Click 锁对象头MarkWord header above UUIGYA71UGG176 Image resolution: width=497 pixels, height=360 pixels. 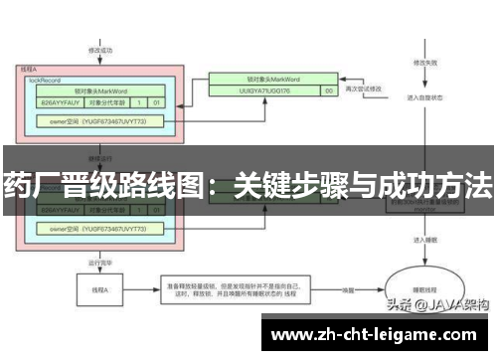269,77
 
